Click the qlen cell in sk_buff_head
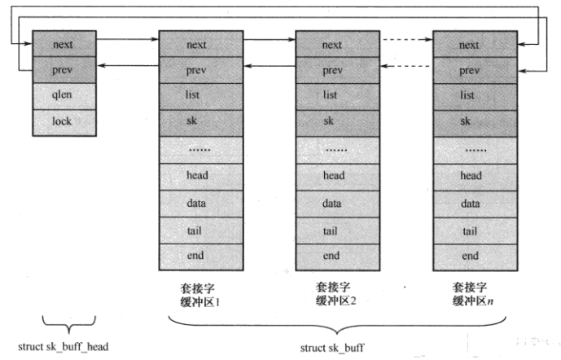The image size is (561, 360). click(63, 95)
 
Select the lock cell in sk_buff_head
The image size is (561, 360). click(63, 121)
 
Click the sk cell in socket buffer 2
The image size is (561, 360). click(331, 121)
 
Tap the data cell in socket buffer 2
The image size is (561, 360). click(331, 202)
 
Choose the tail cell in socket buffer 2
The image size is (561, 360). click(331, 230)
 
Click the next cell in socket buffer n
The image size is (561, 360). click(469, 44)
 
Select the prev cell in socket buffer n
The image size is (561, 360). click(469, 70)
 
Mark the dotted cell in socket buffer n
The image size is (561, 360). click(469, 149)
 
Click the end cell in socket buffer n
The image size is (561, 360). click(469, 256)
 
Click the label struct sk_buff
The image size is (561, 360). click(331, 348)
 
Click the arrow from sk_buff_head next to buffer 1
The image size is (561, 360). click(128, 38)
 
